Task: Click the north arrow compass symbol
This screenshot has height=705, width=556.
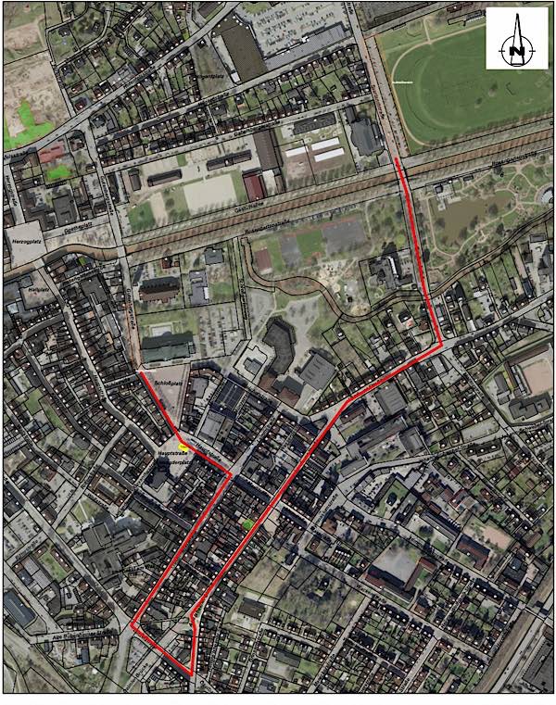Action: point(516,38)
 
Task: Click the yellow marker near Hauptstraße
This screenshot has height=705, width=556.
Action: point(185,445)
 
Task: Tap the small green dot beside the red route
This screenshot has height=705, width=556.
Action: point(247,524)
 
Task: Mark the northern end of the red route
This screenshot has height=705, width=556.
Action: point(398,160)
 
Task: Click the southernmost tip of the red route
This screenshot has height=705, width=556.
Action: point(193,674)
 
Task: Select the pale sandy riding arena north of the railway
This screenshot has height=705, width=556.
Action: point(209,192)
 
